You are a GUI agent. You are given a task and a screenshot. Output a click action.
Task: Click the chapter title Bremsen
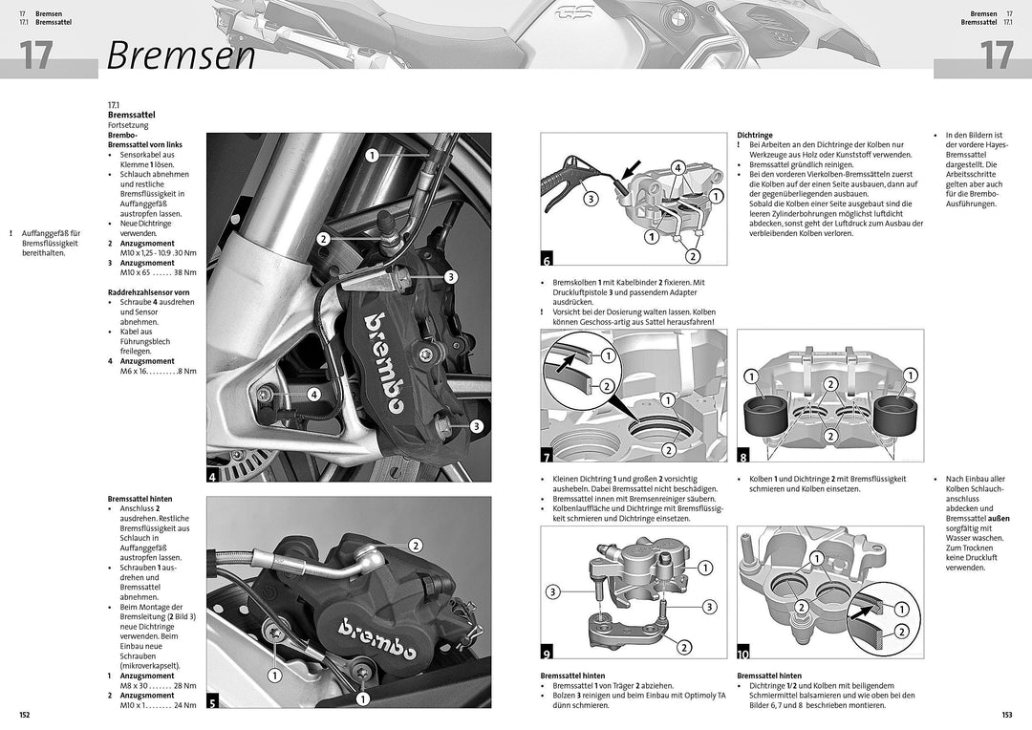[x=181, y=55]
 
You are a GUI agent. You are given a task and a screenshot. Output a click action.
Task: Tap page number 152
[x=25, y=715]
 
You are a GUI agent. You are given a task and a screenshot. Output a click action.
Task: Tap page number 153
[x=1006, y=715]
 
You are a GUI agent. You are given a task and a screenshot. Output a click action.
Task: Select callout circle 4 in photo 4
[x=312, y=394]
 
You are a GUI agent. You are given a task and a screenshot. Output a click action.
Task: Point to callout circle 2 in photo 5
[x=416, y=546]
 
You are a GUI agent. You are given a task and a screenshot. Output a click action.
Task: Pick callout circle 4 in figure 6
[x=677, y=167]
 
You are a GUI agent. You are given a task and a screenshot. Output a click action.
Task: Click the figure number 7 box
[x=548, y=454]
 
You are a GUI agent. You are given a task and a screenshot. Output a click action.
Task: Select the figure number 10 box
[x=743, y=655]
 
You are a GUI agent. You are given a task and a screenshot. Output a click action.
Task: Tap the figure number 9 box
[x=548, y=655]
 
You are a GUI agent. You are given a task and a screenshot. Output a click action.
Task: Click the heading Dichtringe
[x=755, y=136]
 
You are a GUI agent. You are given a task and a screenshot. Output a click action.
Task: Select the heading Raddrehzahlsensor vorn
[x=148, y=292]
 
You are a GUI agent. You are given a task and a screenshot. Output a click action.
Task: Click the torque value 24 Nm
[x=185, y=705]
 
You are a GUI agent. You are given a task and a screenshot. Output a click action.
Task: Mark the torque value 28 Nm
[x=185, y=686]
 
